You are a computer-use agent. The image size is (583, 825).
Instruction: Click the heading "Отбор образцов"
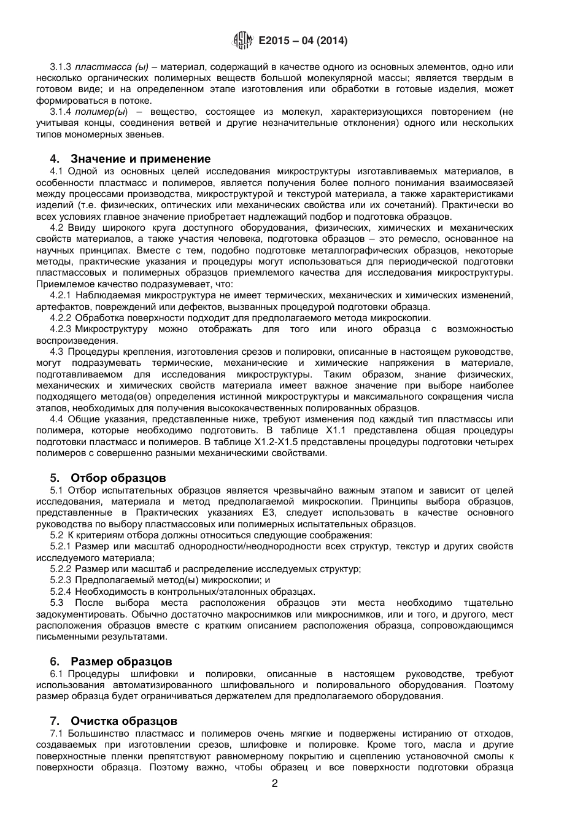coord(118,478)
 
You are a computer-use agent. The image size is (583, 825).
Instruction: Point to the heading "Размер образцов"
coord(122,661)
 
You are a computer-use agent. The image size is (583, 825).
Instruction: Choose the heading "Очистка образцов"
coord(124,721)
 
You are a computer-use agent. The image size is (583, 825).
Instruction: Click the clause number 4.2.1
coord(61,295)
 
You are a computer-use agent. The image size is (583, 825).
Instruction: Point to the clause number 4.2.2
coord(61,318)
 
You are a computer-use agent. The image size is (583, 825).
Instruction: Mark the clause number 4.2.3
coord(61,329)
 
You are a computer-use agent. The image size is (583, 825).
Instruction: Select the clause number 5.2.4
coord(61,591)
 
